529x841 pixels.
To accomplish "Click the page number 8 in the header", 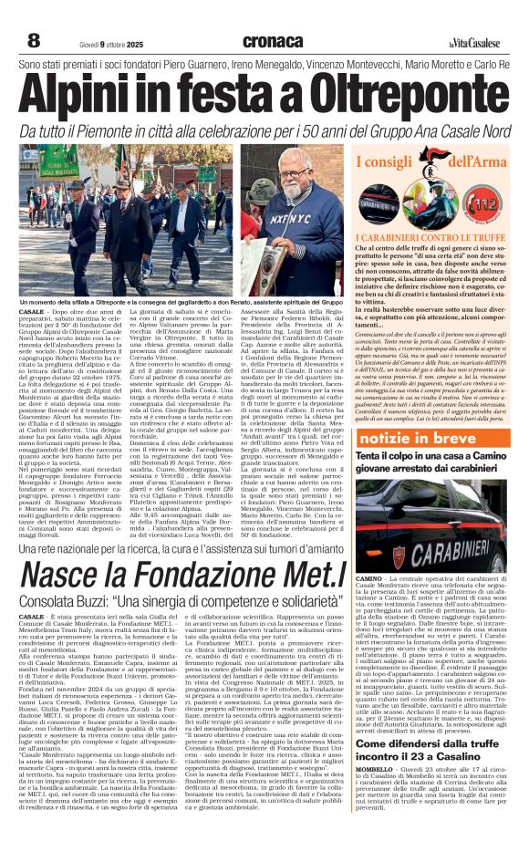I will (x=34, y=40).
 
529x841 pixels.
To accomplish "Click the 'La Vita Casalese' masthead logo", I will (x=473, y=42).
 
